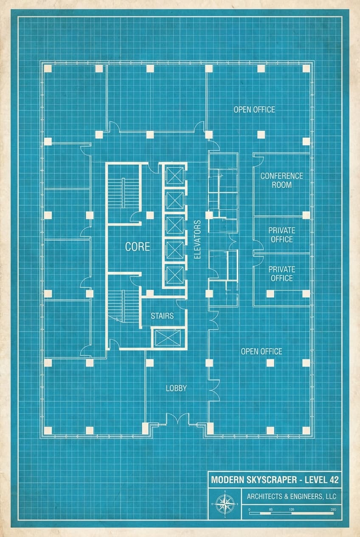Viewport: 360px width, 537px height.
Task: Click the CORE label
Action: (137, 246)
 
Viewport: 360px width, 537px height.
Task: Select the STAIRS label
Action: (162, 316)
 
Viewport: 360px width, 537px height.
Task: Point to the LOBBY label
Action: (176, 388)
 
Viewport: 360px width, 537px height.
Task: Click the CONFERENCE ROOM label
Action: (281, 180)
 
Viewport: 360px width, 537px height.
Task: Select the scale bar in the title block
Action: (291, 513)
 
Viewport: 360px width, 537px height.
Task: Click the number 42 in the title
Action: (333, 480)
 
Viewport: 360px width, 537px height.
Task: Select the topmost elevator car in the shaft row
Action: (174, 175)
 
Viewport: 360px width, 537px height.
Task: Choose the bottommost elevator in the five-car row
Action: (174, 274)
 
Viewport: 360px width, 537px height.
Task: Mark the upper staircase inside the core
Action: (124, 193)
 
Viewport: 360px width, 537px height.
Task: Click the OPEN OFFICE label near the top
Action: (254, 110)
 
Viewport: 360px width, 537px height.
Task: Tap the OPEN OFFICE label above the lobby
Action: (262, 351)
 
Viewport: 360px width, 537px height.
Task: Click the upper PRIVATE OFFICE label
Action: (281, 235)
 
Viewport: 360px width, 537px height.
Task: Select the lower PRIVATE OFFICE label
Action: (281, 274)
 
